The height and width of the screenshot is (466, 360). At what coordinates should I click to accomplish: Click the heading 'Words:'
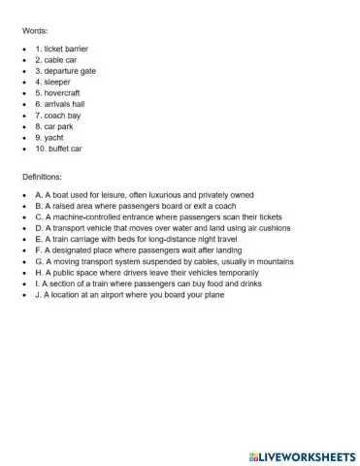point(35,31)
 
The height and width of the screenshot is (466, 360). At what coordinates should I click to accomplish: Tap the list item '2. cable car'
point(56,60)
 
